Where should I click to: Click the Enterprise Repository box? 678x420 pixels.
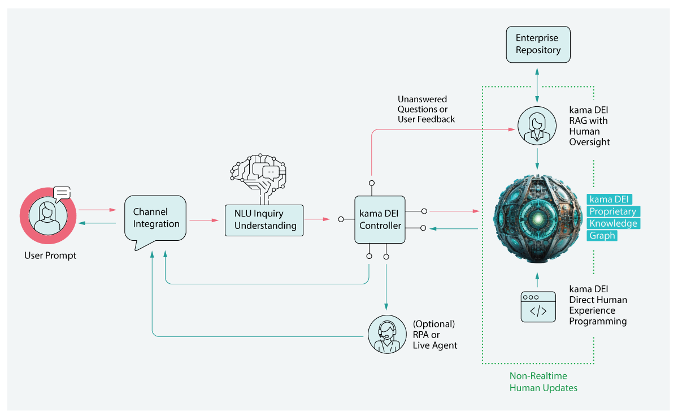tap(537, 44)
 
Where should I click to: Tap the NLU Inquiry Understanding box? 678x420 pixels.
tap(265, 219)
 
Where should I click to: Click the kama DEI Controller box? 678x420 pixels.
tap(380, 219)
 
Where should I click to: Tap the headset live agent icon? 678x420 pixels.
tap(387, 335)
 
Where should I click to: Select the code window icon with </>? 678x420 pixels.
tap(537, 307)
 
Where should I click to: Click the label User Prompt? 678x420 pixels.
tap(50, 256)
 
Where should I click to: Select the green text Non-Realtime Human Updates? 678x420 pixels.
tap(543, 382)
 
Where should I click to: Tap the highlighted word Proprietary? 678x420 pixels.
tap(612, 211)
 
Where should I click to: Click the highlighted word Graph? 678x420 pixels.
tap(602, 236)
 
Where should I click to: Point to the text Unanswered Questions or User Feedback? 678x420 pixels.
tap(426, 109)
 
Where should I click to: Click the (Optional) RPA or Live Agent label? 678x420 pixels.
tap(434, 335)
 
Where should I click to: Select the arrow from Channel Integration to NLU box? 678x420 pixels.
tap(203, 219)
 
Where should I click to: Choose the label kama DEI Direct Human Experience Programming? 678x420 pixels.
tap(598, 305)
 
